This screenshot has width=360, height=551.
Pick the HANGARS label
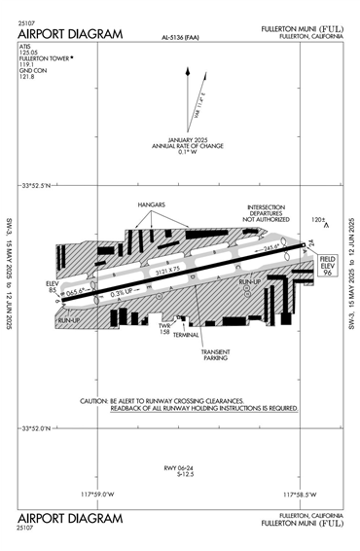pyautogui.click(x=150, y=205)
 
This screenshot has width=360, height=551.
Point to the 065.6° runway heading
pyautogui.click(x=79, y=289)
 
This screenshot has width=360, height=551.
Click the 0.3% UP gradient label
pyautogui.click(x=123, y=292)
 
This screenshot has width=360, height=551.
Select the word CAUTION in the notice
pyautogui.click(x=94, y=401)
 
